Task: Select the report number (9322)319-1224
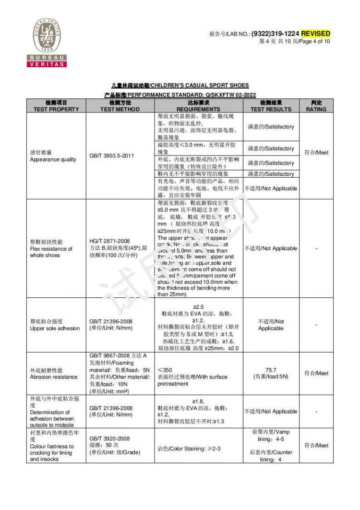pos(276,34)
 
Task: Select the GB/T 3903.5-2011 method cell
pos(111,156)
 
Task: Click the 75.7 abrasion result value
pos(271,370)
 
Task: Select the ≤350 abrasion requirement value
pos(165,370)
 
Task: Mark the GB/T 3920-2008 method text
pos(109,438)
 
